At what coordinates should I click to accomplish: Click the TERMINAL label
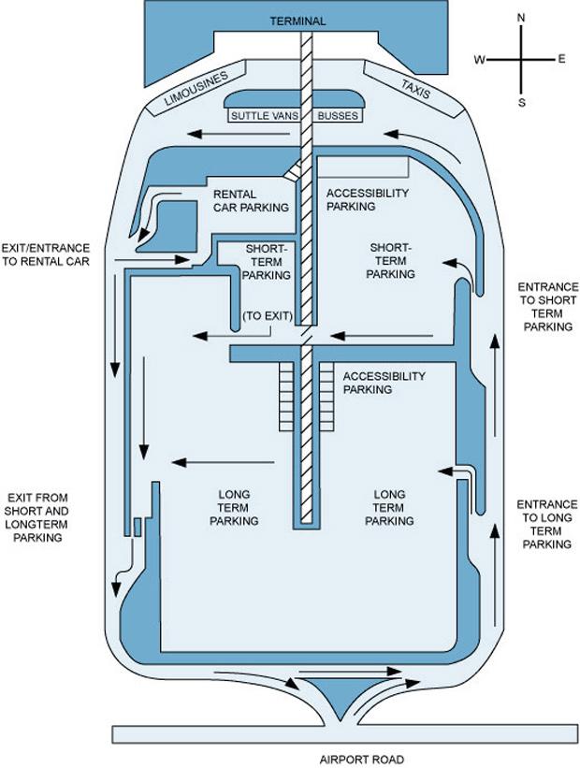297,21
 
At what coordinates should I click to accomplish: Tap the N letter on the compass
522,17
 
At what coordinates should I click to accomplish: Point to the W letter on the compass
479,60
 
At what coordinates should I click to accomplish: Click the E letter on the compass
562,59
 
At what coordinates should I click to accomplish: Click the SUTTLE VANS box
262,117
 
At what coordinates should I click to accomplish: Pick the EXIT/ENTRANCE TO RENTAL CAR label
46,255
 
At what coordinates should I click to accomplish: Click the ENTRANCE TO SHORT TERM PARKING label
548,307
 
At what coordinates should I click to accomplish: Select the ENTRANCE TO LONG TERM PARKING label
547,524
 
